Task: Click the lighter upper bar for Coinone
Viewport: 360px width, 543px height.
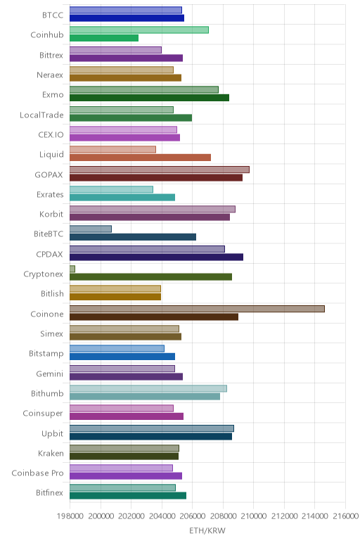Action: [x=197, y=309]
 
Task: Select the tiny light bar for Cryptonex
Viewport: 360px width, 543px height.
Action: [x=72, y=269]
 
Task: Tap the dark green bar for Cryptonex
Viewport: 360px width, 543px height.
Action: [x=150, y=277]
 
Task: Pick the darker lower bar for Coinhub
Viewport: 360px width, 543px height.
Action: [x=104, y=38]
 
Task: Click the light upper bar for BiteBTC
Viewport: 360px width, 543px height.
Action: [x=90, y=229]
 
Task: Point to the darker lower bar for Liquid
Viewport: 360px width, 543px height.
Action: [x=140, y=158]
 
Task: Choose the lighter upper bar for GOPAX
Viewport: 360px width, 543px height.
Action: [x=159, y=170]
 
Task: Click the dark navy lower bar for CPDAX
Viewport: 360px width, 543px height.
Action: [x=156, y=257]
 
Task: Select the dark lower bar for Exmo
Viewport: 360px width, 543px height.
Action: [x=149, y=98]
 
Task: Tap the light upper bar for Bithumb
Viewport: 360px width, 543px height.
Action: [x=148, y=388]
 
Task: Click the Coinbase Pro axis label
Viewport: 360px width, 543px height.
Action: [x=37, y=473]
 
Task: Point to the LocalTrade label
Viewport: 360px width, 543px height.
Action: [x=41, y=115]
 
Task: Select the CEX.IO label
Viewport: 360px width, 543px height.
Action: [x=51, y=135]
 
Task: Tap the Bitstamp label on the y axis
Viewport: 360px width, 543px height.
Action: [x=46, y=354]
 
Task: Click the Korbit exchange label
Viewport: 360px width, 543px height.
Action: [x=51, y=215]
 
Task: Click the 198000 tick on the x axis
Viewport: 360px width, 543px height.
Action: [x=70, y=516]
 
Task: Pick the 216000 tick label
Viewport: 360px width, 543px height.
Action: [x=345, y=516]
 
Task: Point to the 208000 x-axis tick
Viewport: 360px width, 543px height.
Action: [x=223, y=516]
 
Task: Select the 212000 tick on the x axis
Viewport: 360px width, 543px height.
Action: [x=284, y=516]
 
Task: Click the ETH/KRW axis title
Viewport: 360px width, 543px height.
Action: [x=207, y=530]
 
